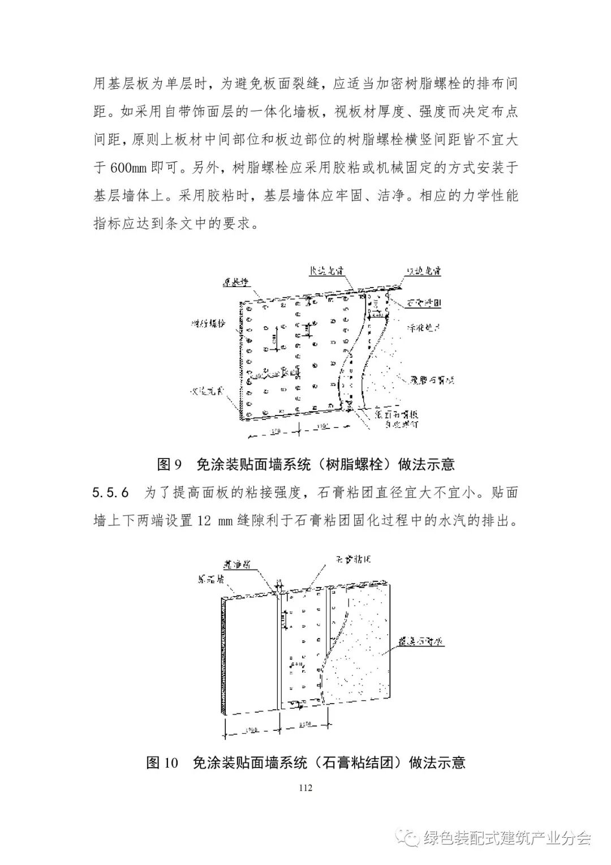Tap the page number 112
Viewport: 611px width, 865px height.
coord(305,787)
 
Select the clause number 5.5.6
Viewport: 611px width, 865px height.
coord(111,493)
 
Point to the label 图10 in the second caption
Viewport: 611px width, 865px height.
coord(162,763)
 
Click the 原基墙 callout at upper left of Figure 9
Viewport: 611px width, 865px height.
coord(234,281)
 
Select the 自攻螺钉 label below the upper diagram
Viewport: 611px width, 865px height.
coord(399,423)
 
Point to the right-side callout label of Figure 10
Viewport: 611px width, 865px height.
coord(421,643)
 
